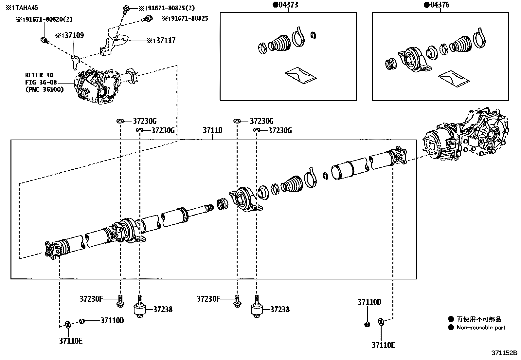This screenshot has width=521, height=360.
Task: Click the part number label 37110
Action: click(x=212, y=130)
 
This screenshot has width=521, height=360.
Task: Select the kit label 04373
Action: click(x=288, y=5)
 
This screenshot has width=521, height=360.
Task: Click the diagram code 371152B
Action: click(x=504, y=353)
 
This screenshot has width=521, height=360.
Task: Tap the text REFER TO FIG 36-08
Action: click(x=39, y=78)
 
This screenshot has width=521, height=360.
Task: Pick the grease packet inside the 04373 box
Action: click(x=300, y=75)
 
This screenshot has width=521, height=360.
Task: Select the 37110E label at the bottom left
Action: click(x=71, y=341)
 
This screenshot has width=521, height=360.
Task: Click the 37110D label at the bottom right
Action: click(x=369, y=302)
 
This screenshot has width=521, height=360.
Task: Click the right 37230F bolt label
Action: click(x=208, y=299)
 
